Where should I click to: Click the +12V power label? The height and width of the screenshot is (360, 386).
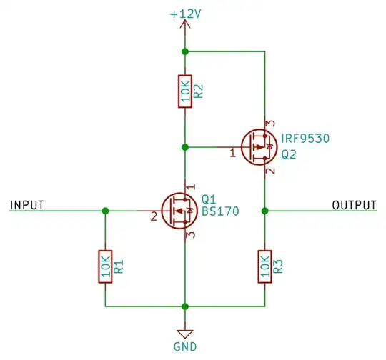click(x=185, y=12)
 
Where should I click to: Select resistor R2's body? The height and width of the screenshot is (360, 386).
click(x=185, y=91)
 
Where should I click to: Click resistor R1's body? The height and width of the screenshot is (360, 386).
click(x=106, y=266)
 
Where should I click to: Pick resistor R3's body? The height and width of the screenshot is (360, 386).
click(x=265, y=266)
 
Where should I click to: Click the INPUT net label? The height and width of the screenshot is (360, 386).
click(x=27, y=205)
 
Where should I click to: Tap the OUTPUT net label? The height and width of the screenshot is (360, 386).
click(x=354, y=205)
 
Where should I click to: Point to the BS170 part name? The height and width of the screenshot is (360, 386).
click(x=221, y=211)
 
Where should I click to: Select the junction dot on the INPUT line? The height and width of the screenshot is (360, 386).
click(x=106, y=211)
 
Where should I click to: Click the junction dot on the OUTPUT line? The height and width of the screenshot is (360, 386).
click(x=265, y=211)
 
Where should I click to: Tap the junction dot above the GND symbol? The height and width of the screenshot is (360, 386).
click(x=185, y=306)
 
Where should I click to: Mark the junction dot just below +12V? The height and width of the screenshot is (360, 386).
click(x=185, y=51)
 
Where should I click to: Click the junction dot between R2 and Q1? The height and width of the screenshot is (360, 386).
click(x=185, y=147)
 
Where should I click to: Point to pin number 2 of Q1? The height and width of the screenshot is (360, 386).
click(x=154, y=216)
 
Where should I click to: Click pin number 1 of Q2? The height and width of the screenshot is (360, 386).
click(x=232, y=153)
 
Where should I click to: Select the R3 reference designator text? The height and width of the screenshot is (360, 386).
click(x=279, y=266)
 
